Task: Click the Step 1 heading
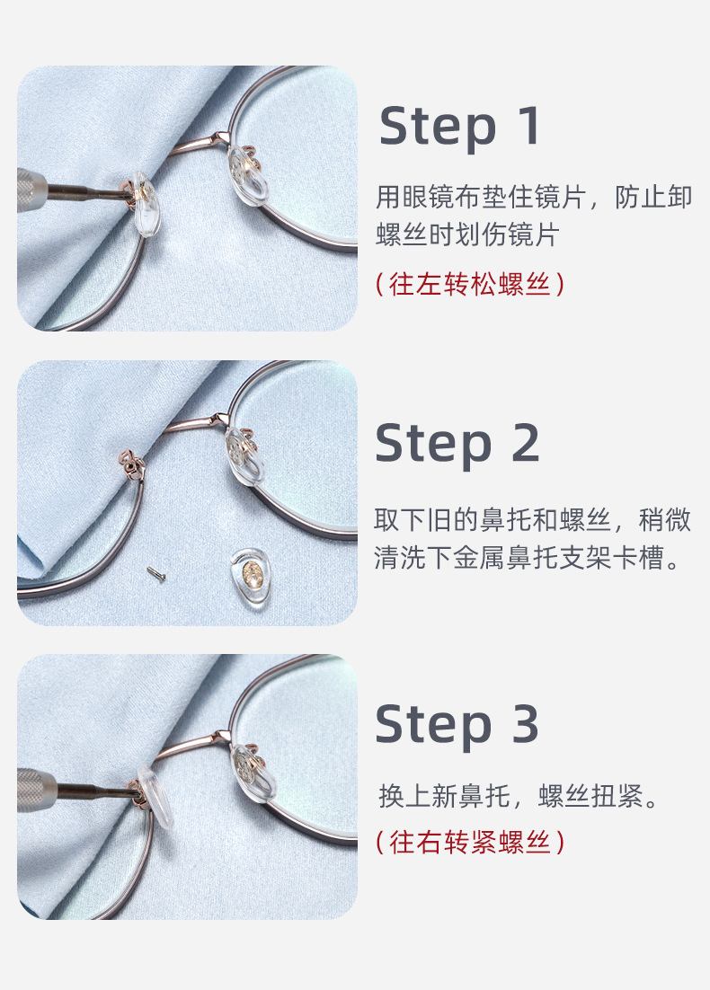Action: coord(460,126)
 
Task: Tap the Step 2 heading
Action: coord(457,443)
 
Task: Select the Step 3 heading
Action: coord(457,724)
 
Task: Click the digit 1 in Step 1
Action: coord(528,126)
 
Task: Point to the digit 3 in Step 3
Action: coord(525,724)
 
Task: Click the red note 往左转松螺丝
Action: coord(469,284)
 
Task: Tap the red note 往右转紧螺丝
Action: coord(469,842)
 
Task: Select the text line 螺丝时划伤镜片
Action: coord(466,235)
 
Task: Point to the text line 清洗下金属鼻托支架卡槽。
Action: coord(532,558)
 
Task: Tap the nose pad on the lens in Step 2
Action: coord(246,455)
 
